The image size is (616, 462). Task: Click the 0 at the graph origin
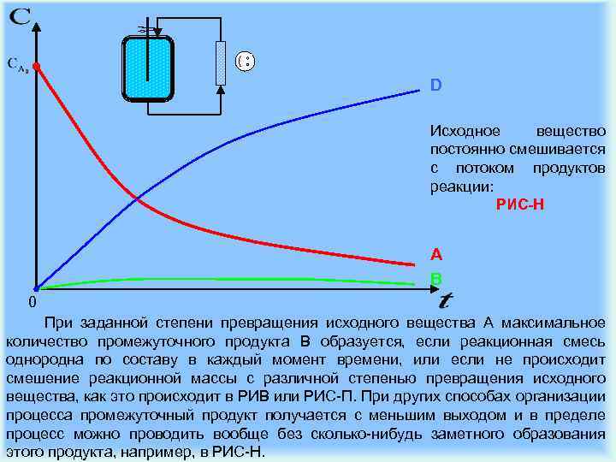click(x=31, y=303)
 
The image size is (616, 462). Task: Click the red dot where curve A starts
click(x=37, y=65)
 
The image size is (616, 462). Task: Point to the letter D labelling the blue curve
click(x=435, y=86)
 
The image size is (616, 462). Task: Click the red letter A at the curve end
click(x=436, y=254)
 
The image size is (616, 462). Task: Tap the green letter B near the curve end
click(x=436, y=279)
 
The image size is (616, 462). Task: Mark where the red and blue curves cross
click(x=138, y=200)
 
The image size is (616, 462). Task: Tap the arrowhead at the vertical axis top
click(x=37, y=25)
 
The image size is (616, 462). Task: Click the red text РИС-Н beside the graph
click(x=519, y=204)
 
